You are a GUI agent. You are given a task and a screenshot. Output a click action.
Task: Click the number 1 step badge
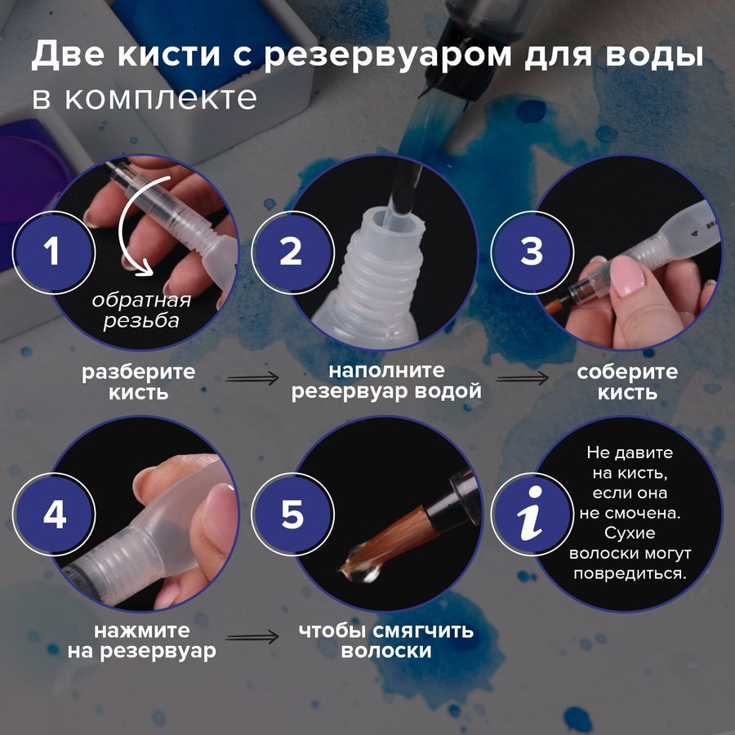51,251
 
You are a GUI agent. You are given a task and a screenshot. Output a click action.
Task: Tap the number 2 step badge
291,251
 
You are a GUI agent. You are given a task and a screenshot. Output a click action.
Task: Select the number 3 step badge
532,251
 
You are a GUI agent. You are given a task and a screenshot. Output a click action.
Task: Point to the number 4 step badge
54,515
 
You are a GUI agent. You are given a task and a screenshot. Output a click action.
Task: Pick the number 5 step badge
292,515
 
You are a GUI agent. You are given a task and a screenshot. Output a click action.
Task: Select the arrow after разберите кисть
252,379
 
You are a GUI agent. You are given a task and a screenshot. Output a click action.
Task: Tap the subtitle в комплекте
145,98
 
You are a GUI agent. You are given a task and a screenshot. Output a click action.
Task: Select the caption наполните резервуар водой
386,381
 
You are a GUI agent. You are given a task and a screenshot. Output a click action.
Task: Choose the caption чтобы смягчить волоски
385,642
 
